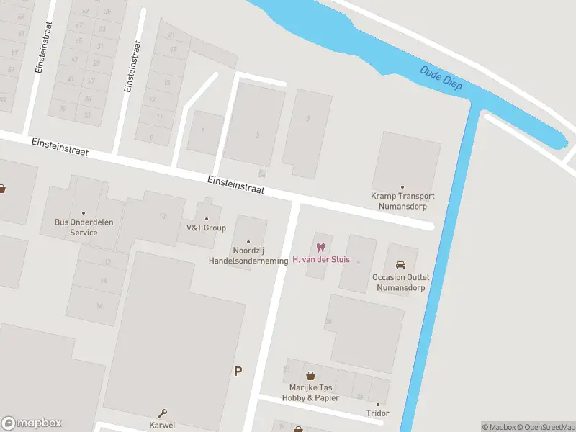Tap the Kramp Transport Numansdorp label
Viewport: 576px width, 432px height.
(402, 200)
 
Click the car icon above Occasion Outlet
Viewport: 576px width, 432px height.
(400, 264)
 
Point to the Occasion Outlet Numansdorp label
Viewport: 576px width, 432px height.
(400, 282)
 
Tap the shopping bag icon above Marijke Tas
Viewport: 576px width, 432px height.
(310, 375)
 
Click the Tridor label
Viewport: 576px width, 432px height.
(377, 413)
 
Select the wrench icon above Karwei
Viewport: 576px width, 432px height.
(162, 413)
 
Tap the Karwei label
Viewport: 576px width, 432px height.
(162, 425)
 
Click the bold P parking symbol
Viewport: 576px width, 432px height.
(238, 372)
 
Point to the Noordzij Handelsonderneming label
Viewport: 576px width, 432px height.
(248, 256)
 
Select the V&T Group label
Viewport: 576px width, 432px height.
(206, 228)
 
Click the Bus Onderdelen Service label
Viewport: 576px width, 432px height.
(84, 228)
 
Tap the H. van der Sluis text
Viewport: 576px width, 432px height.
(321, 259)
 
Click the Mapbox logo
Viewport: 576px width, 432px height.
(32, 423)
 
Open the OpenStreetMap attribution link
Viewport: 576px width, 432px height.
(546, 427)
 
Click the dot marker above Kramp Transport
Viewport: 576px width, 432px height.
(402, 187)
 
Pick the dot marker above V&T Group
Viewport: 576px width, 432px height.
(207, 219)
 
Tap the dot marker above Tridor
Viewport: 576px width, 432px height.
(377, 404)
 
